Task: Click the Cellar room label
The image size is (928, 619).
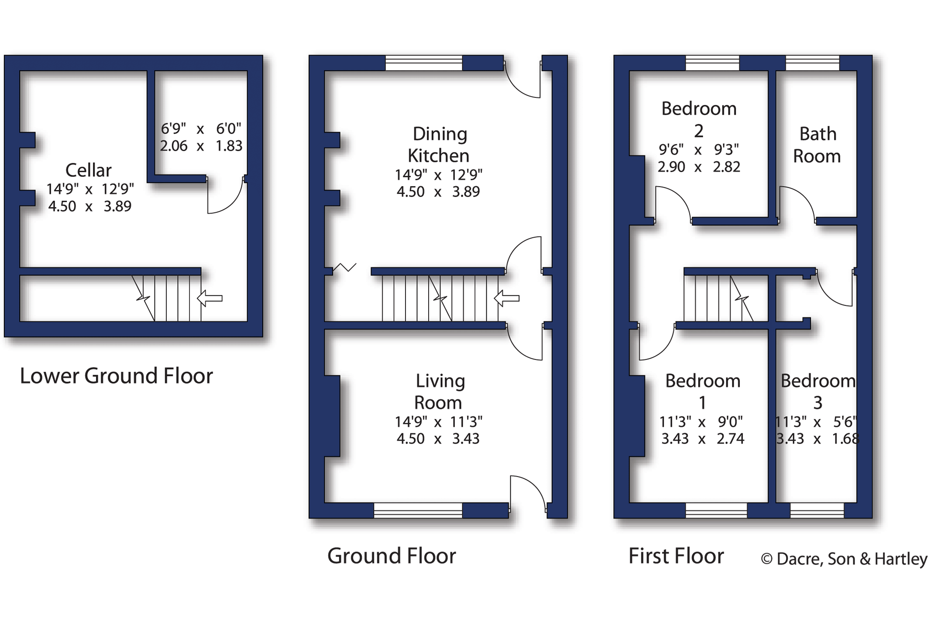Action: coord(89,170)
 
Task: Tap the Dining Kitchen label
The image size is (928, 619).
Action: coord(439,145)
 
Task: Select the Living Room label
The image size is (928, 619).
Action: coord(439,391)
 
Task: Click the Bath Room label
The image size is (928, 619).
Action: coord(817,145)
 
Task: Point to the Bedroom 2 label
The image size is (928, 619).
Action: coord(699,119)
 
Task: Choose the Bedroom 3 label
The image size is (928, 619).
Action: coord(818,391)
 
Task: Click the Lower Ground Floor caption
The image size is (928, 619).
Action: coord(116,376)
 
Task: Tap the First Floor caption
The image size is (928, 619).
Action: coord(676,556)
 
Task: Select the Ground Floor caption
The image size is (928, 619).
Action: coord(392,556)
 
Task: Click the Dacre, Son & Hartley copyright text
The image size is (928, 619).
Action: coord(844,559)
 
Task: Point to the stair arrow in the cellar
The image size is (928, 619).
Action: coord(210,299)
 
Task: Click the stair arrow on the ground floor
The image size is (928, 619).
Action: coord(507,299)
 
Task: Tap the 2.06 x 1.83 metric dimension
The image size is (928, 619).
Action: coord(201,146)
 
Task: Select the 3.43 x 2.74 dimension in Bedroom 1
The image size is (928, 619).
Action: coord(703,439)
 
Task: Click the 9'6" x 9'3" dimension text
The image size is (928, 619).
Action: coord(698,150)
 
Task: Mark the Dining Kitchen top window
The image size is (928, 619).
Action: coord(424,63)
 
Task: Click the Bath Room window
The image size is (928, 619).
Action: coord(812,63)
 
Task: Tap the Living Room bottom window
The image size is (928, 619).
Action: coord(418,510)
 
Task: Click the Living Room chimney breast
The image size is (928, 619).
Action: coord(332,416)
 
